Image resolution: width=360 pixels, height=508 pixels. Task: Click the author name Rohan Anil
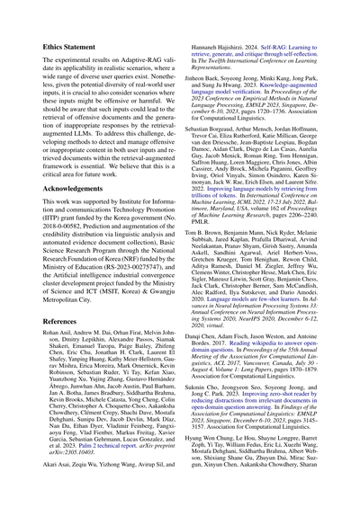pos(35,334)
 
